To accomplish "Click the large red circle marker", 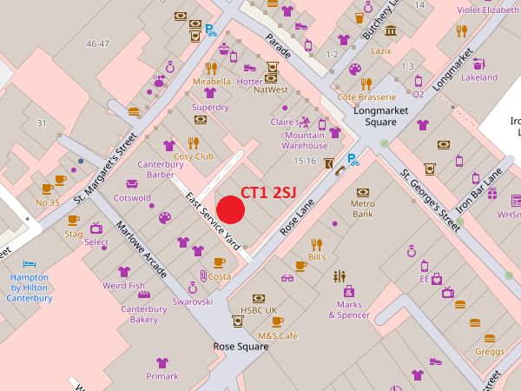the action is [230, 210].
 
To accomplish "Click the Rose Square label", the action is [241, 346].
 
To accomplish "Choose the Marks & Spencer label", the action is [349, 309].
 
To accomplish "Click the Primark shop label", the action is [162, 376].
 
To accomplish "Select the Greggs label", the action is [489, 351].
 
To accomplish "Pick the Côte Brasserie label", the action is [366, 97].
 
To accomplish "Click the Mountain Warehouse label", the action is [305, 140].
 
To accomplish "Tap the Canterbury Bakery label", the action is [144, 314].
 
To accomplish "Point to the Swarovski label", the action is [192, 302].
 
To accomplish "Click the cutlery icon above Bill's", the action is [317, 244].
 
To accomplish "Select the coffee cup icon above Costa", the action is [219, 262].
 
